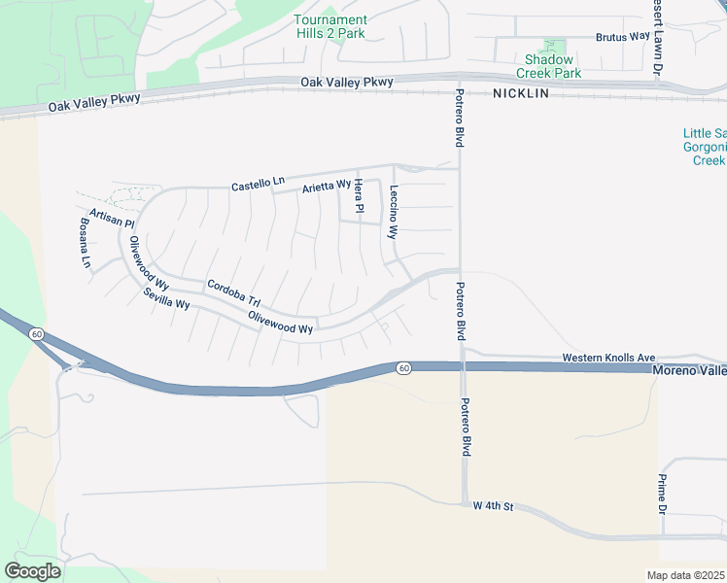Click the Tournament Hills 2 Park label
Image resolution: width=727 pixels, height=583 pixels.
(x=330, y=26)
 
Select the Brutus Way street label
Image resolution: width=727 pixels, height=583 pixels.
(x=622, y=37)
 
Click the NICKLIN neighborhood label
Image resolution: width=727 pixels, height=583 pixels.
(x=521, y=93)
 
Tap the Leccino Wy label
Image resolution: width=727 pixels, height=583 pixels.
(x=394, y=212)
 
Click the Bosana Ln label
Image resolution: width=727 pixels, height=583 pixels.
(x=85, y=242)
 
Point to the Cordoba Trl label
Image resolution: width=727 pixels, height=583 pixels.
(x=233, y=293)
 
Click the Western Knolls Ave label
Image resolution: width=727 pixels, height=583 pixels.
(x=609, y=358)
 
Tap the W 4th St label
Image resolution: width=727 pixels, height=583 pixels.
(x=493, y=506)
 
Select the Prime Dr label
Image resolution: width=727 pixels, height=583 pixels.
(x=662, y=494)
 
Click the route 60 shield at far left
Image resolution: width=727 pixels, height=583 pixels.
(x=37, y=333)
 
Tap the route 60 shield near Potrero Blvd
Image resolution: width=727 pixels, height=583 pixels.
(x=403, y=367)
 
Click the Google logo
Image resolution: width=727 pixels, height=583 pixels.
(x=33, y=570)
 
